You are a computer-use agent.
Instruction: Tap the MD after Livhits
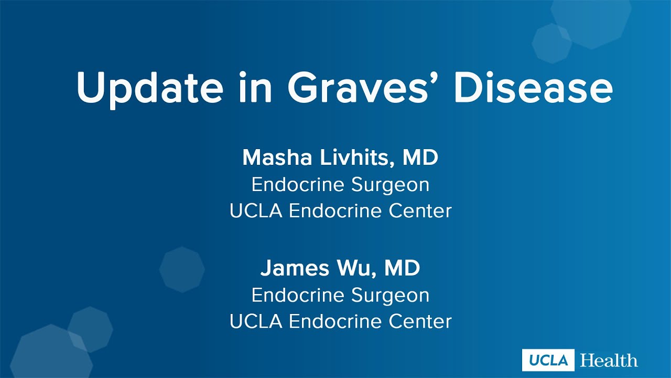click(x=420, y=157)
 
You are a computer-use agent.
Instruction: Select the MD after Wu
click(x=402, y=268)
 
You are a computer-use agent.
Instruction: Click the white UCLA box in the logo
click(x=548, y=360)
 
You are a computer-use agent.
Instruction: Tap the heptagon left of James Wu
click(x=182, y=269)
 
